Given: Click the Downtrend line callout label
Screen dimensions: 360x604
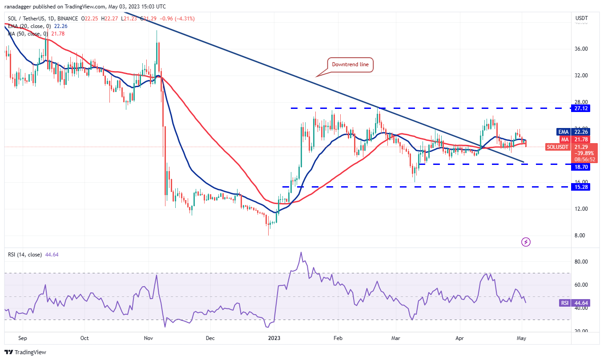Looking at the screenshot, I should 350,64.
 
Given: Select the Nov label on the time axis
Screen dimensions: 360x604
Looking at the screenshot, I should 149,338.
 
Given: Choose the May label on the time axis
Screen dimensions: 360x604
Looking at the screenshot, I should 522,338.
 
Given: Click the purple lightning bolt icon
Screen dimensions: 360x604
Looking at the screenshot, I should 526,242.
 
